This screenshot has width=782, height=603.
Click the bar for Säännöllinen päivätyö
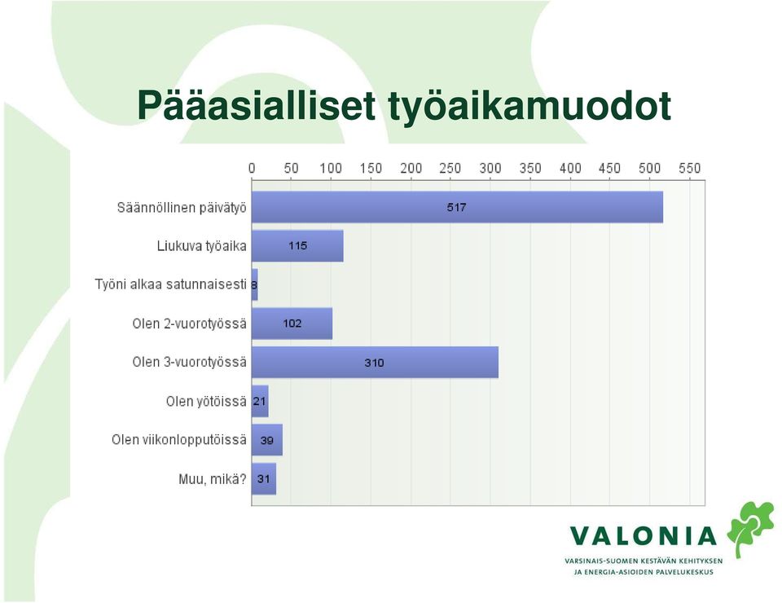[x=457, y=207]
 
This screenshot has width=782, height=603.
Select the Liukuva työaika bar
[x=297, y=246]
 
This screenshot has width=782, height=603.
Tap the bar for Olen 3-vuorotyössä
[x=375, y=362]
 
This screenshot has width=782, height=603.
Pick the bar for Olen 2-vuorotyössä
[x=292, y=324]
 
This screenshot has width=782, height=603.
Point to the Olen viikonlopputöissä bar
[x=267, y=440]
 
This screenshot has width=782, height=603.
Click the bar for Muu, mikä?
[x=264, y=479]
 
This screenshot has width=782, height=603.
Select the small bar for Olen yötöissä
[x=260, y=401]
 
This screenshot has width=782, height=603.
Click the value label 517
[x=456, y=207]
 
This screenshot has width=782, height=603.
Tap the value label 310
[x=374, y=363]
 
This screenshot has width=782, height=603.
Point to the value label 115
[x=298, y=245]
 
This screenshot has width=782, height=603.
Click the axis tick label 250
[x=450, y=168]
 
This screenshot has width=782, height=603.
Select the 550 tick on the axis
[x=690, y=168]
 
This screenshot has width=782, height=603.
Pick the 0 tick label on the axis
[x=252, y=168]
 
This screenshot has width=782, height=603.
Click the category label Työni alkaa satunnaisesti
[x=170, y=284]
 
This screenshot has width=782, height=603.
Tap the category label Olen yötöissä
[x=206, y=401]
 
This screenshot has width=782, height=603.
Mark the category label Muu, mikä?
[x=213, y=479]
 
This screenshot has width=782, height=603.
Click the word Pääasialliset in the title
[x=257, y=106]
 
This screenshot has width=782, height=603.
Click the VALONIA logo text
[x=644, y=536]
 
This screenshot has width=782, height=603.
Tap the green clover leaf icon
[x=750, y=528]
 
